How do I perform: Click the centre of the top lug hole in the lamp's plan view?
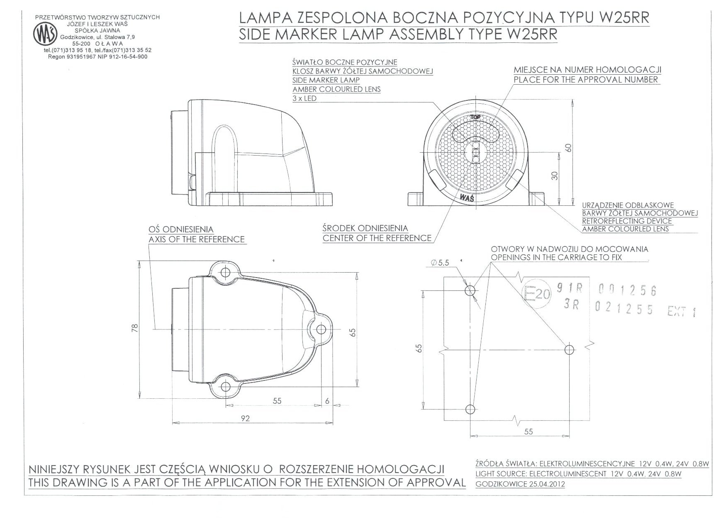(226, 272)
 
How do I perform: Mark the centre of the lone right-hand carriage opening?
(570, 349)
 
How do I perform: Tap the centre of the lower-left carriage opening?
(470, 409)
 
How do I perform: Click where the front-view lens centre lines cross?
(475, 152)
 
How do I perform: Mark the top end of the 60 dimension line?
(573, 100)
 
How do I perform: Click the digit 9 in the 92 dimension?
(243, 418)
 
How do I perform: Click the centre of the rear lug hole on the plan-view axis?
(322, 329)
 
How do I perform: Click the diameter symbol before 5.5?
(434, 263)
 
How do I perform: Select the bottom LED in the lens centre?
(475, 159)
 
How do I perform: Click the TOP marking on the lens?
(476, 117)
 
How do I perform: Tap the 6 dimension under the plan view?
(327, 401)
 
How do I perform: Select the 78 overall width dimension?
(134, 328)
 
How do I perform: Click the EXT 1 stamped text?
(682, 312)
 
